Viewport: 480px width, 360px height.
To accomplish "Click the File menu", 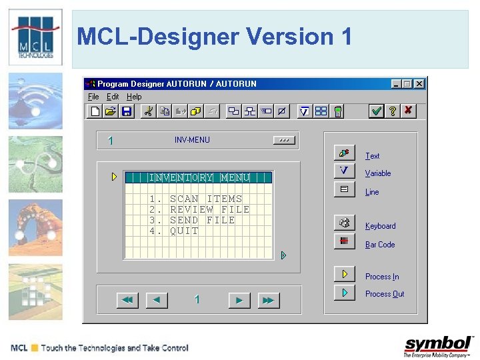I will click(x=93, y=97).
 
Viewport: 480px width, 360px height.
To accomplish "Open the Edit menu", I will click(x=113, y=97).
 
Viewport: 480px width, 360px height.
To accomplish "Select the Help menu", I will click(x=134, y=97).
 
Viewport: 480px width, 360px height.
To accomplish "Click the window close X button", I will click(x=419, y=84).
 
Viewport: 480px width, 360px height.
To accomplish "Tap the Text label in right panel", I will click(x=372, y=156).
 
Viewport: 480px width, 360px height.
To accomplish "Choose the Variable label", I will click(x=378, y=173).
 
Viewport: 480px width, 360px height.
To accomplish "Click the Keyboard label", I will click(x=380, y=226).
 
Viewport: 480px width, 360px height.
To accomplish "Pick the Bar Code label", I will click(x=380, y=245).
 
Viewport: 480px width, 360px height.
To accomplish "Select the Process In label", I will click(x=382, y=277).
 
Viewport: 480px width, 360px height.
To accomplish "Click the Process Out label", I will click(x=385, y=294).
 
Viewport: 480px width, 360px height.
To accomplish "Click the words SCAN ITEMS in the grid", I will click(x=206, y=199).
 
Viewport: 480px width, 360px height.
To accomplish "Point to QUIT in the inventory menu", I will click(x=184, y=231).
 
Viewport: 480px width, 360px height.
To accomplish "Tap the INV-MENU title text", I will click(x=192, y=140).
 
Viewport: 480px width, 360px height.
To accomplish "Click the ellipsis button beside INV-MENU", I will click(x=283, y=140).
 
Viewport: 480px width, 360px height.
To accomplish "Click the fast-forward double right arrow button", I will click(x=267, y=301).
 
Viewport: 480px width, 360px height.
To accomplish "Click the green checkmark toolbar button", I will click(x=377, y=111).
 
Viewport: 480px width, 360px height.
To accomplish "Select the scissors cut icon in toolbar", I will click(x=148, y=111).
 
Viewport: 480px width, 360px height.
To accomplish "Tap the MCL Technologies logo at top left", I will click(x=35, y=37).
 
